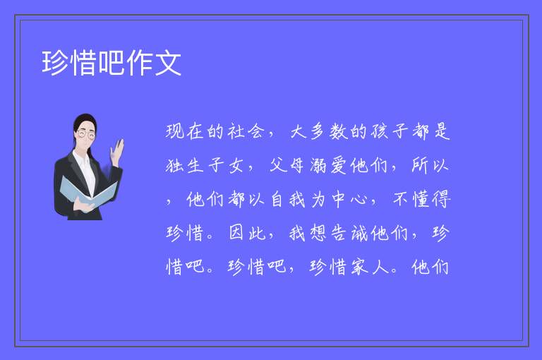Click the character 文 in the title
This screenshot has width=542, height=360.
[x=168, y=63]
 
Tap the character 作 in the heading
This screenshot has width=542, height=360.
[x=140, y=63]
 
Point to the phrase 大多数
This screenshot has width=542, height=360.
[x=319, y=132]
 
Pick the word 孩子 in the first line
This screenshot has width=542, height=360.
[x=390, y=132]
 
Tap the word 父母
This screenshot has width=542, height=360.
[x=287, y=165]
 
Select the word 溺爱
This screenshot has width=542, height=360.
[x=328, y=165]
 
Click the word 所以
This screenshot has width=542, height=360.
[x=430, y=165]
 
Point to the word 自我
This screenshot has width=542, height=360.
[x=288, y=199]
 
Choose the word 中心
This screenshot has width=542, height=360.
[x=349, y=199]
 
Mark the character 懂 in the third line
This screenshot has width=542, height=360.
[x=421, y=199]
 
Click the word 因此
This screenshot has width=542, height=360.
[x=246, y=233]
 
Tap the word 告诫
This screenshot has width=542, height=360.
[x=349, y=233]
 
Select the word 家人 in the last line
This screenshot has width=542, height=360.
[x=370, y=267]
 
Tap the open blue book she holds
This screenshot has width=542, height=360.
[x=88, y=193]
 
